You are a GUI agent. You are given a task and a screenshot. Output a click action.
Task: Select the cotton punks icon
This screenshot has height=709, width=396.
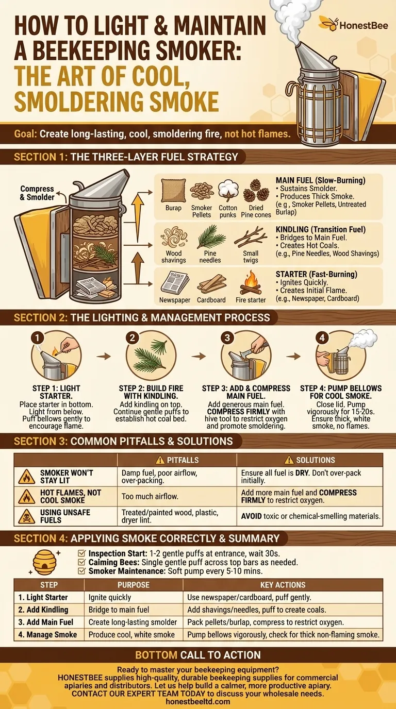click(x=227, y=189)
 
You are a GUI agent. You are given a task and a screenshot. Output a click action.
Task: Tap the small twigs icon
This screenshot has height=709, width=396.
click(x=250, y=238)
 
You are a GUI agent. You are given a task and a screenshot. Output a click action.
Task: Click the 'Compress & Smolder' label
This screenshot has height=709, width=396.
click(x=37, y=193)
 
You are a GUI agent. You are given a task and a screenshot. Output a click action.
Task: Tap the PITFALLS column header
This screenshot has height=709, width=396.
click(x=176, y=460)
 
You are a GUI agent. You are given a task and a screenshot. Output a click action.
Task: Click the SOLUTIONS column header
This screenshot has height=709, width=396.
click(x=309, y=460)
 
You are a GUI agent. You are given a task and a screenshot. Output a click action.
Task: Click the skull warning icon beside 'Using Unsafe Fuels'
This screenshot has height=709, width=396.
click(x=26, y=516)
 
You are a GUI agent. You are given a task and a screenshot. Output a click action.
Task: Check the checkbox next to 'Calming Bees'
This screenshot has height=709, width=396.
click(x=81, y=562)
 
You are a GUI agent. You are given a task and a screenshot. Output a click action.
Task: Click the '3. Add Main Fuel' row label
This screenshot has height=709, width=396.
click(x=46, y=622)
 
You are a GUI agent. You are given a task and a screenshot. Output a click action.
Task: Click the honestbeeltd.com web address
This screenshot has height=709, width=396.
click(x=198, y=701)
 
